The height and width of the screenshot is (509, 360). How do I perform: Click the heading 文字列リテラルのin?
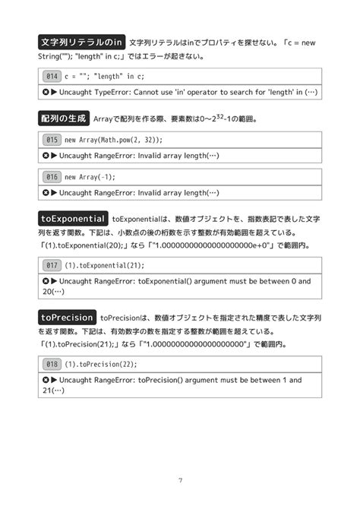[x=81, y=42]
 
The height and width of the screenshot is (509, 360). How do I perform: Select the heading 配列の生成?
[x=63, y=119]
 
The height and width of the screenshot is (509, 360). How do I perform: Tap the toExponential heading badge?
[x=72, y=219]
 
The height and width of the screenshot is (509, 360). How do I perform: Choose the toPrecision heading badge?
[x=68, y=317]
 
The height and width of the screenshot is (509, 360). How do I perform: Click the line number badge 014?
[x=52, y=76]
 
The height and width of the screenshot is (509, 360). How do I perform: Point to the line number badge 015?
[x=52, y=140]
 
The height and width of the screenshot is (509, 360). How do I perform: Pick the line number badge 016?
[x=52, y=177]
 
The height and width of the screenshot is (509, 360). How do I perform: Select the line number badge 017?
[x=52, y=265]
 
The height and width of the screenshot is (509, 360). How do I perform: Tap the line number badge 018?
[x=52, y=364]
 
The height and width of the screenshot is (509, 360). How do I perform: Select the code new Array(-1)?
[x=92, y=177]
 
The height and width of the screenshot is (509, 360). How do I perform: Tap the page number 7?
[x=180, y=479]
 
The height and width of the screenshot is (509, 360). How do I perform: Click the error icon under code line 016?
[x=46, y=193]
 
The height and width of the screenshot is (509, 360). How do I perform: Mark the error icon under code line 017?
[x=46, y=281]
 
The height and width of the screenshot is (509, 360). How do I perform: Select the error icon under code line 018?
[x=46, y=380]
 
